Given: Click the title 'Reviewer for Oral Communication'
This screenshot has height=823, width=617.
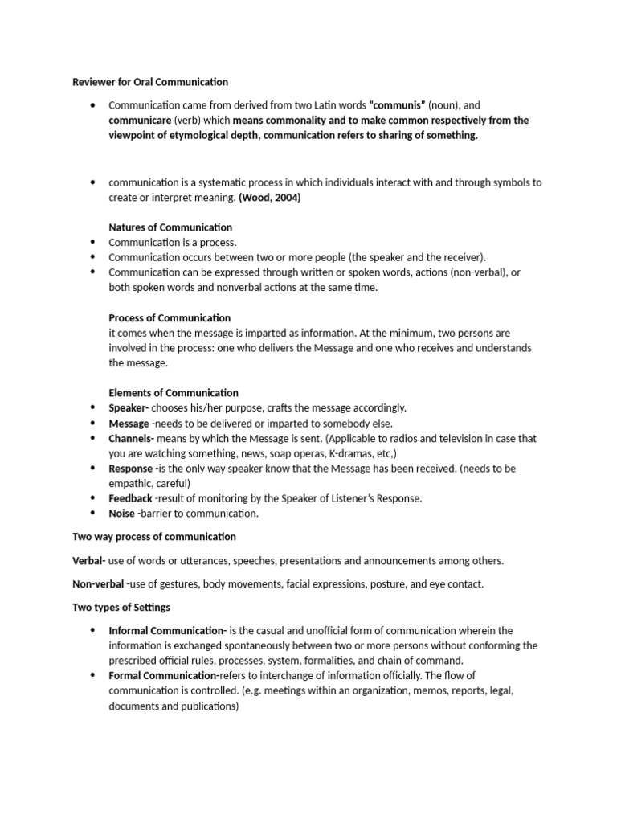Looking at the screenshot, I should [150, 82].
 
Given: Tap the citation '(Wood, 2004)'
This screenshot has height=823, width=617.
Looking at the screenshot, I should [270, 198].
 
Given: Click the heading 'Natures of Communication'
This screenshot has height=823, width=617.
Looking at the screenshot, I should [170, 227].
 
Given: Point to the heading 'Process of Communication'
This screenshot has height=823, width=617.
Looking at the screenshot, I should [170, 317].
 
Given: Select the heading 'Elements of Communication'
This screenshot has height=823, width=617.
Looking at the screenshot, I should [174, 393].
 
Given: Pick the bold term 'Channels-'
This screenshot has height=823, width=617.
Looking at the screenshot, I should [132, 439].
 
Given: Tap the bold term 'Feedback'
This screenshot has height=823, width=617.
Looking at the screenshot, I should [130, 498].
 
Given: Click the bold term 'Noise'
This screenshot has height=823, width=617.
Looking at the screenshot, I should [121, 514].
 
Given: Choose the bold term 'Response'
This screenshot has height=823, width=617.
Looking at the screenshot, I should [131, 469].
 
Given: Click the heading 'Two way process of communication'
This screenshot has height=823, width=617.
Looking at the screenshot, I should [154, 537].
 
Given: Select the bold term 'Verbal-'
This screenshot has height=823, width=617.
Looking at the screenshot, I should [89, 561].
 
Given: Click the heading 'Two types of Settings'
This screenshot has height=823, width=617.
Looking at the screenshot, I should [121, 608].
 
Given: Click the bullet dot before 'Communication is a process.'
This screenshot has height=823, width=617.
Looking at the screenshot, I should [94, 242].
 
